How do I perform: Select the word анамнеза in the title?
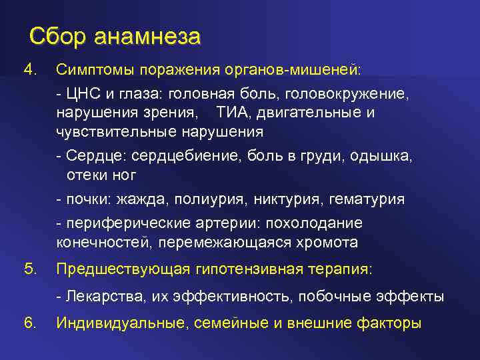[x=147, y=37]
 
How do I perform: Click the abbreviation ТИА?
[x=232, y=113]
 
